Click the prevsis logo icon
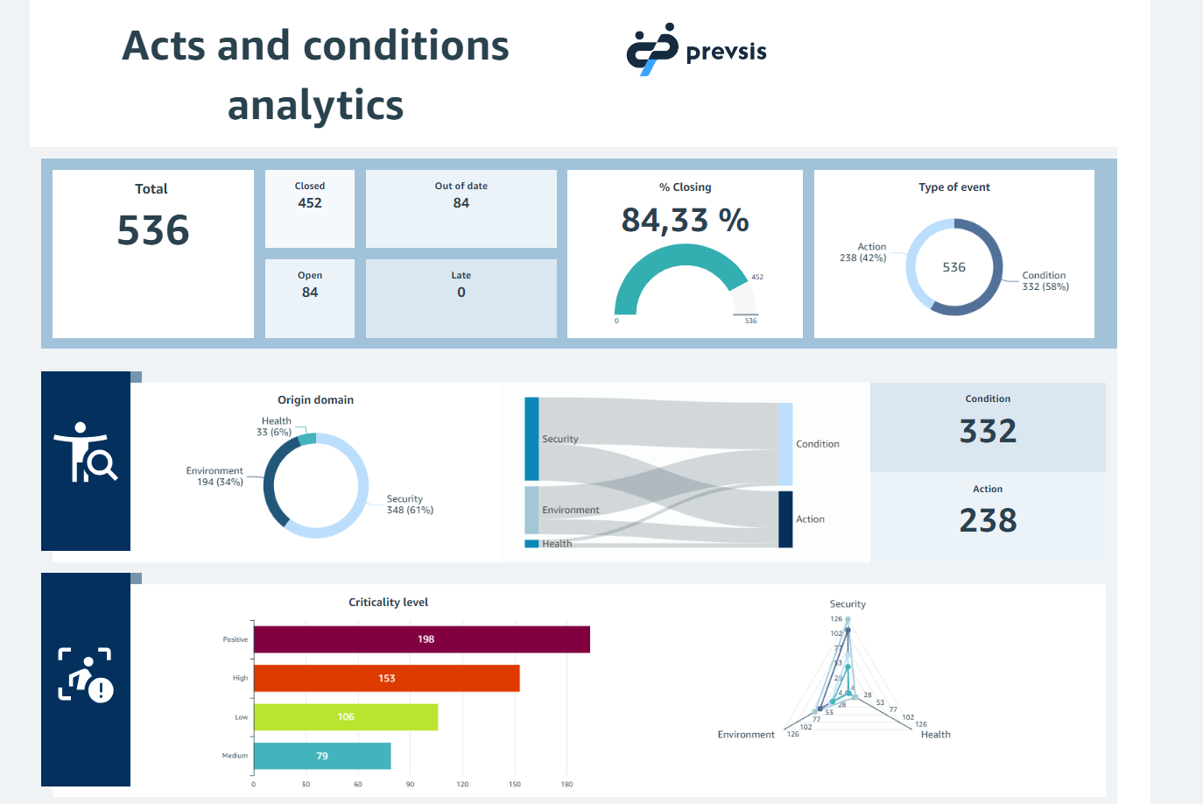tap(652, 50)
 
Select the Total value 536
tap(153, 230)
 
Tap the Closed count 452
tap(310, 203)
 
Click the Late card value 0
tap(461, 293)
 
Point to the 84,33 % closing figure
tap(685, 220)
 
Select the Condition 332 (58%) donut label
tap(1045, 281)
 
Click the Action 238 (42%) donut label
tap(863, 252)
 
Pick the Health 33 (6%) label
tap(275, 427)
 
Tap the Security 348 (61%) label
tap(410, 504)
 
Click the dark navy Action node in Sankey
tap(785, 519)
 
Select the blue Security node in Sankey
tap(531, 439)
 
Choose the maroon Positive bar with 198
tap(421, 639)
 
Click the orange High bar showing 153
tap(386, 678)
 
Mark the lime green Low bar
tap(346, 716)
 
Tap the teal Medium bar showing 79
tap(322, 756)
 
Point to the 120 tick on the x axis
tap(462, 784)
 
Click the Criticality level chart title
tap(388, 603)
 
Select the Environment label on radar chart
tap(746, 735)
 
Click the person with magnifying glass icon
tap(86, 453)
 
